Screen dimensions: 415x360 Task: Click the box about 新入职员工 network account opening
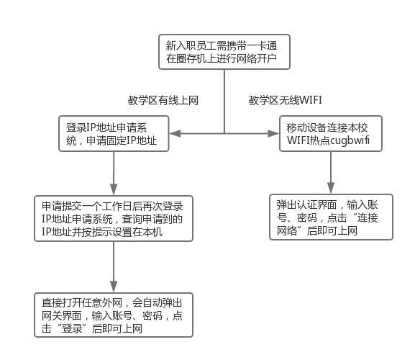[224, 52]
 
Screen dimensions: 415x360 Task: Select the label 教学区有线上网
[163, 101]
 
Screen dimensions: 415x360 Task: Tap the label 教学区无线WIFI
[285, 100]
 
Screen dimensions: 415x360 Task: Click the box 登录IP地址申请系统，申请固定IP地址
[114, 133]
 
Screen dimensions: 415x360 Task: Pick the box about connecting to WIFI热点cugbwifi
[331, 133]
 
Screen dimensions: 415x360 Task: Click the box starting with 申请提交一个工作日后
[114, 219]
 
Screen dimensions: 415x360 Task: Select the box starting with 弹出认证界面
[331, 217]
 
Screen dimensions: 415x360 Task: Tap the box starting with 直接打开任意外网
[114, 315]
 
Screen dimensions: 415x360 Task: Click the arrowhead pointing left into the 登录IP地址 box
[175, 133]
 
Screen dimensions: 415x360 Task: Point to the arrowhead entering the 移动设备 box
[273, 133]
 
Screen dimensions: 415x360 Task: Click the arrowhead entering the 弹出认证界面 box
[331, 188]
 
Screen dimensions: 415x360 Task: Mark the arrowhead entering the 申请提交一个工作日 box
[114, 189]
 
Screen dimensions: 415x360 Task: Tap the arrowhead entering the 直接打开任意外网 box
[114, 287]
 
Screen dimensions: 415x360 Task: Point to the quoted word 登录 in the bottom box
[72, 328]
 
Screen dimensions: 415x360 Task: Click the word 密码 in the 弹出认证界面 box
[307, 217]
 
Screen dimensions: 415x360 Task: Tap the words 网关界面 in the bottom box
[62, 315]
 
